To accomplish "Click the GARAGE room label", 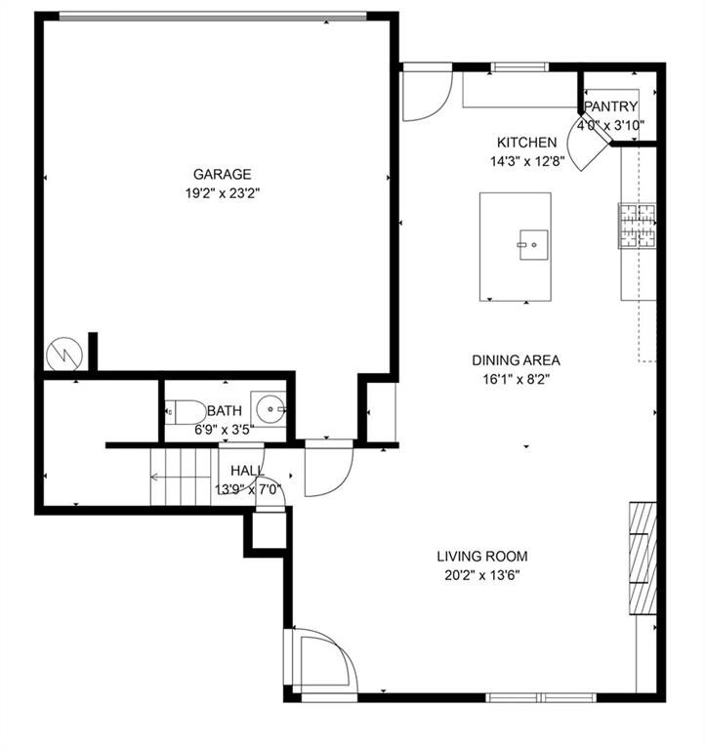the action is point(222,174).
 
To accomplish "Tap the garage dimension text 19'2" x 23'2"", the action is point(223,193).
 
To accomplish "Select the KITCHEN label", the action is point(526,143).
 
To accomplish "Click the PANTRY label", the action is point(611,106).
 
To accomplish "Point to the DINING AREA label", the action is point(517,360).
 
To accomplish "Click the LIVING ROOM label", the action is point(482,557).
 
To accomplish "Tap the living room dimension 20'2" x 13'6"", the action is point(482,575).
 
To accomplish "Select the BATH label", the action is point(225,411).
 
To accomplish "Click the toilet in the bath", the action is point(186,412).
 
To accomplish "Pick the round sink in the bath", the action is point(270,409).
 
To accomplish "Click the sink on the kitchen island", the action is point(534,245).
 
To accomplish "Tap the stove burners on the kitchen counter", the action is point(637,226).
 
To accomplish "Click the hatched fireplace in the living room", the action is point(643,558).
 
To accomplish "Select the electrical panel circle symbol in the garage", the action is point(64,354).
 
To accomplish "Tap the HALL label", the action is point(247,471).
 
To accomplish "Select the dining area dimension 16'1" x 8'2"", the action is point(517,380).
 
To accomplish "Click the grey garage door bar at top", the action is point(212,18).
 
